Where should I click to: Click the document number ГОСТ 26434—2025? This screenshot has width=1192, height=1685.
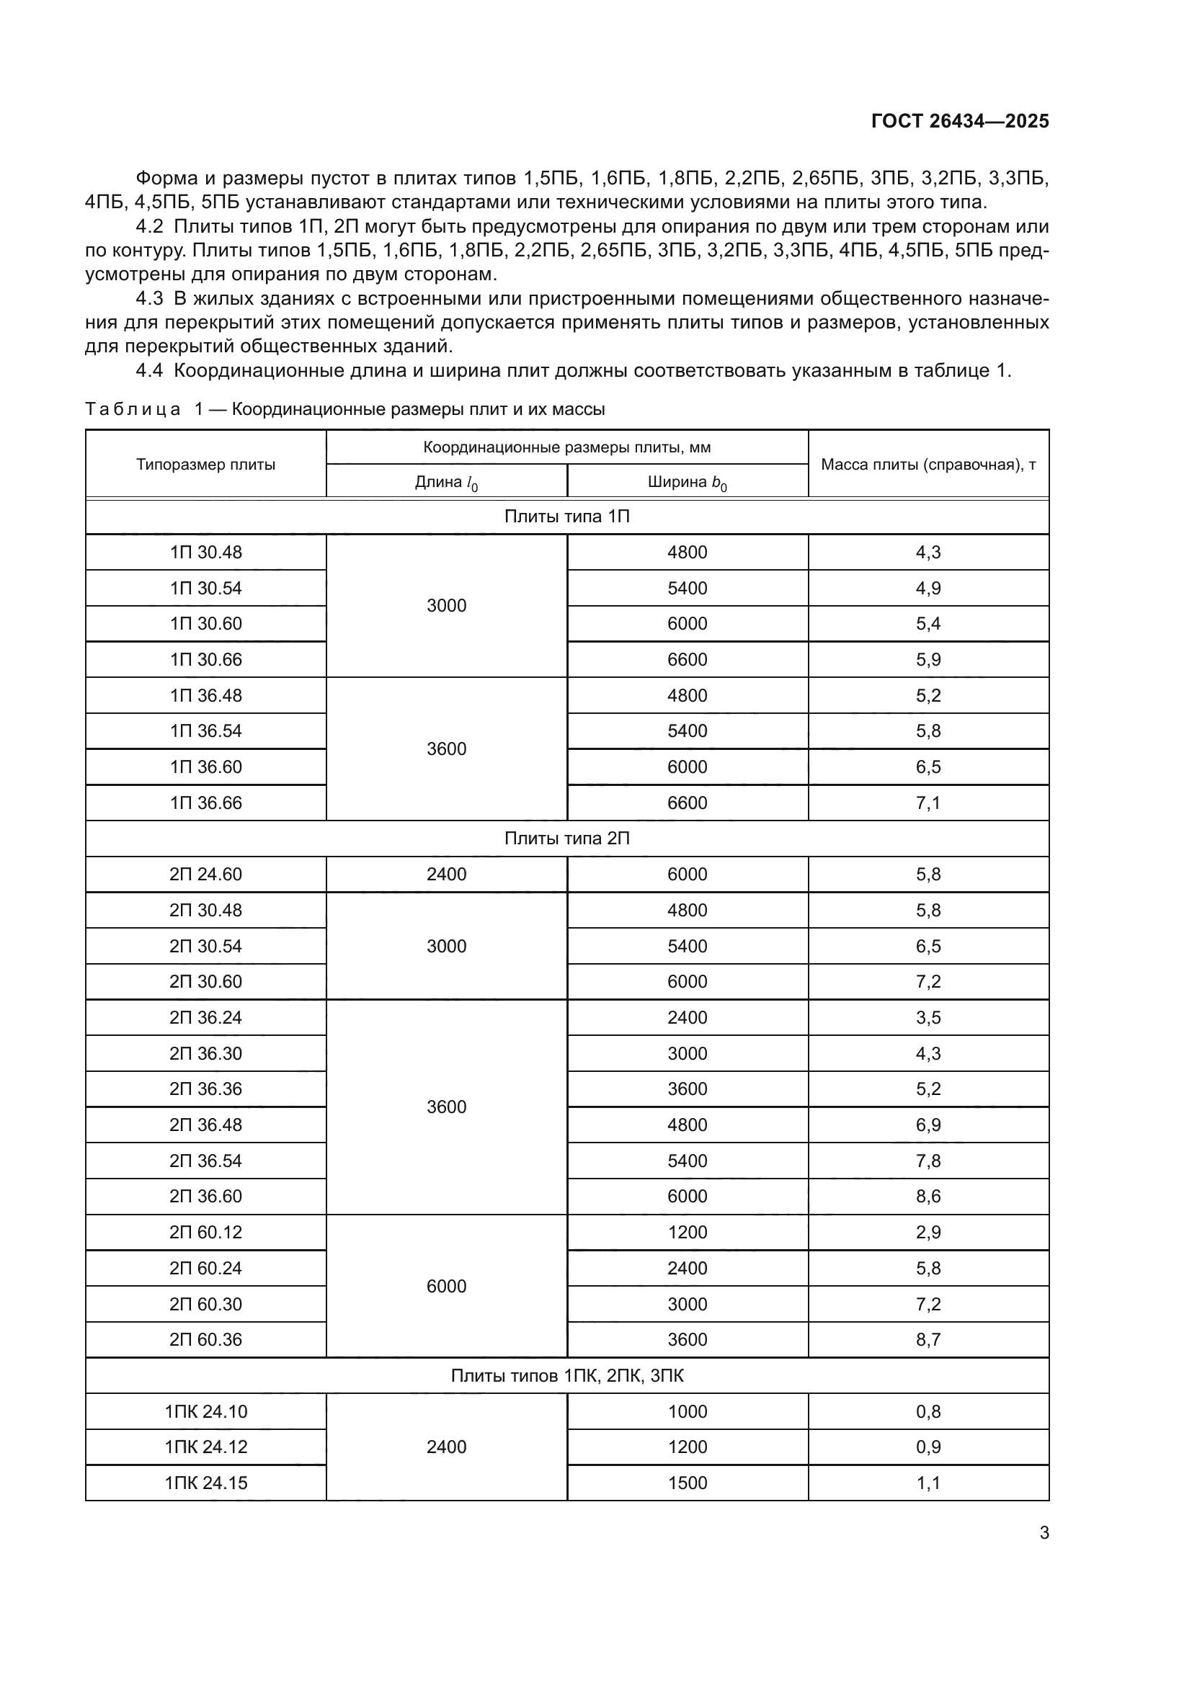click(959, 122)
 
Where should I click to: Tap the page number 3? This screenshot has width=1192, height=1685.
click(1044, 1533)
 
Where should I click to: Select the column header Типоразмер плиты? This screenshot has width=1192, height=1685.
click(205, 465)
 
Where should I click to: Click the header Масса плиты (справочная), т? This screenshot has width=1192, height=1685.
click(928, 465)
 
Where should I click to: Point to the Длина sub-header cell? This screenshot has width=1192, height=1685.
click(446, 483)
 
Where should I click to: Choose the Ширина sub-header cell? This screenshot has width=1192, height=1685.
click(687, 483)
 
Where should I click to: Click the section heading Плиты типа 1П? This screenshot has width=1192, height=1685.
click(566, 517)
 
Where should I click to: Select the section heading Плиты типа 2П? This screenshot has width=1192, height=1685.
click(566, 839)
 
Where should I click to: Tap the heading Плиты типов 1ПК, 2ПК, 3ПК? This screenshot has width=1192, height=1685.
click(566, 1376)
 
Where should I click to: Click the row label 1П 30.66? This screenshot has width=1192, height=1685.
click(205, 660)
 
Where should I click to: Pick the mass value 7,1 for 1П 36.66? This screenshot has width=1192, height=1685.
click(928, 803)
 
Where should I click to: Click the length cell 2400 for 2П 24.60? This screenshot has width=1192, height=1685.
click(446, 875)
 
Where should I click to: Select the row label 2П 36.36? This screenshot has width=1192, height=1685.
click(205, 1089)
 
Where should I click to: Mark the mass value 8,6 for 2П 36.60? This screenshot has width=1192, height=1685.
click(928, 1197)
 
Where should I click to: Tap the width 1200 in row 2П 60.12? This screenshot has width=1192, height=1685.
click(687, 1232)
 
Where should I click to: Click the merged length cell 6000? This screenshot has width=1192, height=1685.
click(446, 1287)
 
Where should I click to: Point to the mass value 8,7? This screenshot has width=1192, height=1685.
click(928, 1340)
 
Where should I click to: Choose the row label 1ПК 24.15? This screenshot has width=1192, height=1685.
click(205, 1483)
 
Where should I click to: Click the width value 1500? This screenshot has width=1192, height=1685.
click(687, 1483)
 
